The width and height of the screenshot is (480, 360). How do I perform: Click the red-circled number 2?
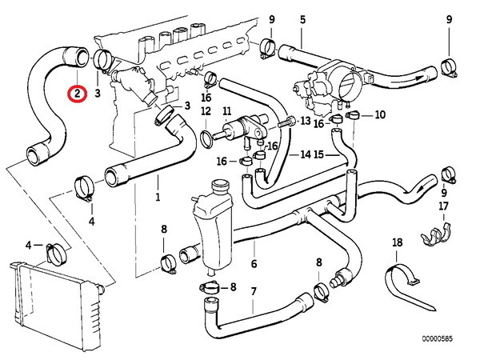pos(76,94)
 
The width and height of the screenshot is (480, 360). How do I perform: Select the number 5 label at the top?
pos(302,18)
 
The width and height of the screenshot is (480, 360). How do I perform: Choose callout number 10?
pos(379,115)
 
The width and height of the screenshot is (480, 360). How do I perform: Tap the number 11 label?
pos(226,110)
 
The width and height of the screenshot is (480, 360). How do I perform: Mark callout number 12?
pos(206,110)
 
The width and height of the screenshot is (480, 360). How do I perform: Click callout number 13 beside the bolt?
pos(304,120)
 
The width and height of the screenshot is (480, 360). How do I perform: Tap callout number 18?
pos(398,242)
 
